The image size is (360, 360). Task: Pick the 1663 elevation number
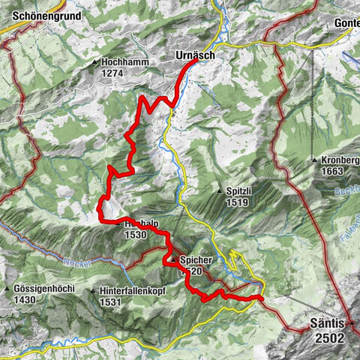331,172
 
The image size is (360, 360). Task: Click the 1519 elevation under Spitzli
235,202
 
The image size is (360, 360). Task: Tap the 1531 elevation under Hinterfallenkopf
109,301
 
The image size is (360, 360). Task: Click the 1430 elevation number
25,299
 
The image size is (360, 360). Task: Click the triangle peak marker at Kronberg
314,160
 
